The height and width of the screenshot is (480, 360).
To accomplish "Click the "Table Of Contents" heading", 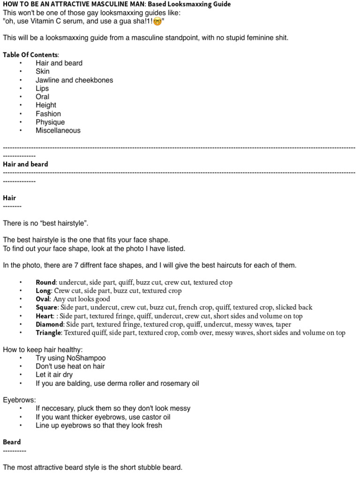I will click(x=30, y=55).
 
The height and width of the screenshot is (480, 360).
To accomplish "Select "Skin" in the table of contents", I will click(x=42, y=72).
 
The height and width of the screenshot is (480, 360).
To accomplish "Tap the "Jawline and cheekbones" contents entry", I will click(x=74, y=80).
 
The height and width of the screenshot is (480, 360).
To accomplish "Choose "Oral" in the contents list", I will click(x=42, y=97).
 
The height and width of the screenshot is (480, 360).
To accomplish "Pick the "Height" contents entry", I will click(x=45, y=105).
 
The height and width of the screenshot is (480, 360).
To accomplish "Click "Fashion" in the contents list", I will click(x=48, y=114).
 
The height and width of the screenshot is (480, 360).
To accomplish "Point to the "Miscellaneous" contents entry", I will click(x=58, y=131).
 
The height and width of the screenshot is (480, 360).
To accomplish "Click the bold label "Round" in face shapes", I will click(x=45, y=283).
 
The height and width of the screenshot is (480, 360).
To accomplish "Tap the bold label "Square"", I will click(x=46, y=307).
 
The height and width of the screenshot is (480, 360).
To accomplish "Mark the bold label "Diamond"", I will click(x=49, y=324).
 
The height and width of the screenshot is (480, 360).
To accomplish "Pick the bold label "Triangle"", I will click(x=49, y=333).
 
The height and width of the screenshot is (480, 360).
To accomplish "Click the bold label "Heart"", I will click(x=45, y=316).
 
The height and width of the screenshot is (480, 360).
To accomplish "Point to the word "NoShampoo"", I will click(x=90, y=358).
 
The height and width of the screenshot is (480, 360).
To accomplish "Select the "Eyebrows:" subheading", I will click(x=18, y=400).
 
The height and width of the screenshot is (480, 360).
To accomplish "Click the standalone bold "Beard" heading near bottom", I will click(x=12, y=442).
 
